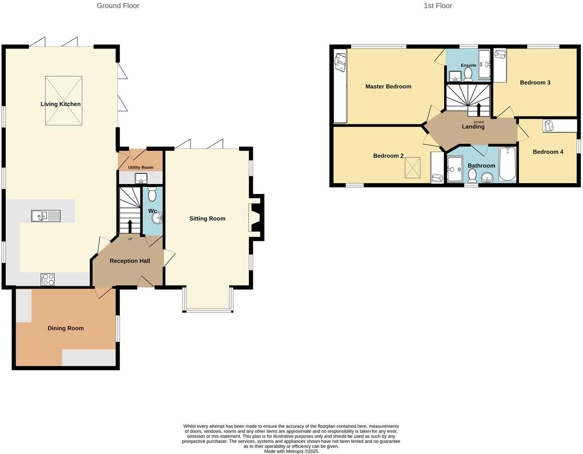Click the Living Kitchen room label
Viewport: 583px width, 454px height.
pos(60,104)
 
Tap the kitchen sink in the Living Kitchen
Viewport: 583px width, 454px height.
pos(46,215)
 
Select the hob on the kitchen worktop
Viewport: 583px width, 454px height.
pos(48,279)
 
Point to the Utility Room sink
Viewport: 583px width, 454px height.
pos(141,178)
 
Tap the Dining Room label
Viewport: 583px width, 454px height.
pos(66,328)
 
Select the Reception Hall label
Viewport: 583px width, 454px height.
pos(130,261)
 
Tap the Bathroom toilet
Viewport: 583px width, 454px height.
pos(472,175)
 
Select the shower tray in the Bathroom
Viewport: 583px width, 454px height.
pos(455,169)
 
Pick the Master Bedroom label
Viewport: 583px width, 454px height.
pos(388,87)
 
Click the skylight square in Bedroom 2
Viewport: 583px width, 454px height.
pos(413,168)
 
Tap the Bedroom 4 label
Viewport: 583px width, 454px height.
pos(548,152)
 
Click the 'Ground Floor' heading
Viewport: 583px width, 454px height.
pos(118,6)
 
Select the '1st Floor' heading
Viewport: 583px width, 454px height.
pos(438,6)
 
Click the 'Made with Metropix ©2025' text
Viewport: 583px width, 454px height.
pos(291,451)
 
